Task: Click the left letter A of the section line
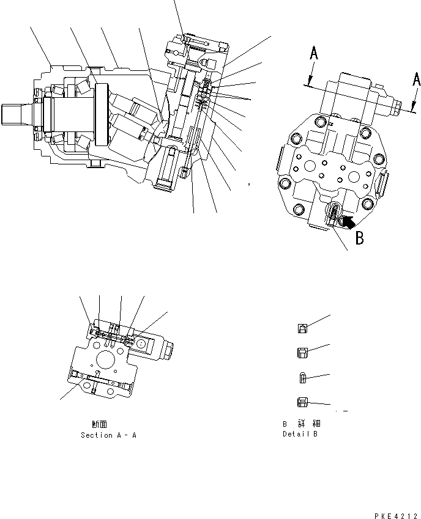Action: pos(313,54)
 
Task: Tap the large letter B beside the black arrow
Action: pos(360,237)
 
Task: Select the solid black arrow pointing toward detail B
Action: pos(346,221)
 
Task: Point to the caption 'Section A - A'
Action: pos(108,435)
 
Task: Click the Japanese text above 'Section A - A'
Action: pos(100,424)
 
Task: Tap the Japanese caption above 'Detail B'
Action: pos(300,423)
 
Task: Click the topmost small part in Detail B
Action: pos(303,329)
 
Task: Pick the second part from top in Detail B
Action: pos(302,352)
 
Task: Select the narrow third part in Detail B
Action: pos(302,378)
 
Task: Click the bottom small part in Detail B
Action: pos(302,402)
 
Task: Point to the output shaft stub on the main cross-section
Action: pos(14,115)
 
